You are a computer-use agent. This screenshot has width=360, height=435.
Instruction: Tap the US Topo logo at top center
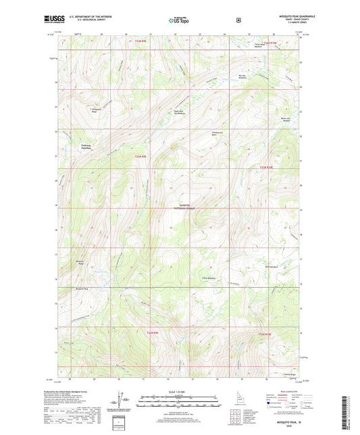coord(179,20)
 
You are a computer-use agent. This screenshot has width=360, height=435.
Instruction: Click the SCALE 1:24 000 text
coord(179,392)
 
